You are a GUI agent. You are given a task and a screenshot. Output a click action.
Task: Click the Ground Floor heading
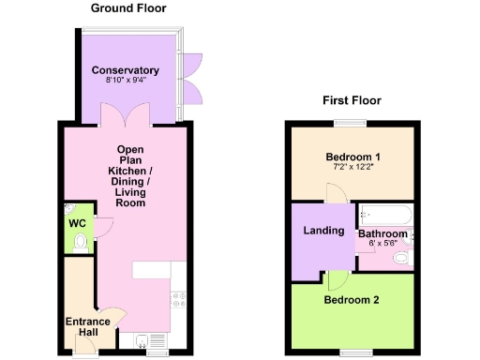point(128,8)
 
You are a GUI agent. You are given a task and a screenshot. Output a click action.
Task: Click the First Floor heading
point(351,100)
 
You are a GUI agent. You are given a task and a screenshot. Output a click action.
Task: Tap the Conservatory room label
point(126,70)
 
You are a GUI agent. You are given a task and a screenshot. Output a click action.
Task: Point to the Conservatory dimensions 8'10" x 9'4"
point(126,81)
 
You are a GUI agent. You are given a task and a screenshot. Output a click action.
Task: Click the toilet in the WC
point(80,243)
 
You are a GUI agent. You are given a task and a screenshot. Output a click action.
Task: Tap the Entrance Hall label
point(87,327)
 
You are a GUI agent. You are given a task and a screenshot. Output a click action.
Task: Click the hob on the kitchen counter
point(177,300)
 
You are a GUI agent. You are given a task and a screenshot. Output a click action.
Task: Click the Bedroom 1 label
point(352,156)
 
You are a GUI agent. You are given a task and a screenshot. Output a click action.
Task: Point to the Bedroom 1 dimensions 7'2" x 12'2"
point(352,167)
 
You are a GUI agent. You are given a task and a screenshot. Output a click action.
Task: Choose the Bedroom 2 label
point(352,300)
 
